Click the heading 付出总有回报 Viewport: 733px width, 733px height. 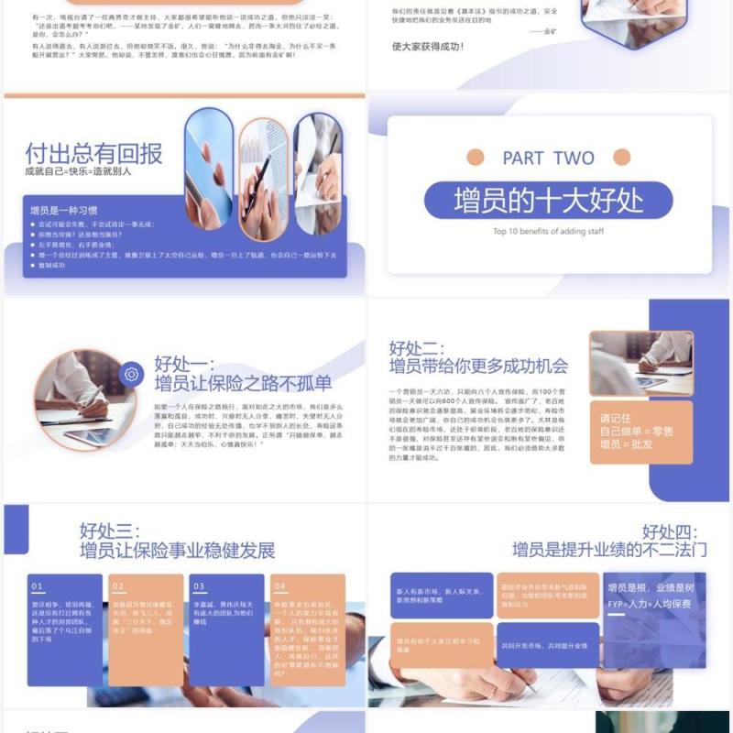(x=93, y=152)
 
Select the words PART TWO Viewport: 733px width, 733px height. (x=548, y=158)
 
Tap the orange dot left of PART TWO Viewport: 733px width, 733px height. (x=475, y=157)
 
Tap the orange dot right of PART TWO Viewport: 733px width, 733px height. (x=621, y=157)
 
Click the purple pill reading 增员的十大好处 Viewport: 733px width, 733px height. (x=548, y=200)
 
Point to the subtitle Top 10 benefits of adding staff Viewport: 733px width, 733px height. (x=548, y=232)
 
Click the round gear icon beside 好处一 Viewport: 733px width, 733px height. (x=131, y=374)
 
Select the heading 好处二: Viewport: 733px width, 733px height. (x=417, y=348)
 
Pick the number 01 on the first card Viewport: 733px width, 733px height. (x=38, y=586)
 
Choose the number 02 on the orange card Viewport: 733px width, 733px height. (x=117, y=586)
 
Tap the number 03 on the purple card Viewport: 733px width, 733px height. (x=198, y=586)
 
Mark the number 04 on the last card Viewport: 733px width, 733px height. (x=279, y=586)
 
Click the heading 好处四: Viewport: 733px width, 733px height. (x=670, y=531)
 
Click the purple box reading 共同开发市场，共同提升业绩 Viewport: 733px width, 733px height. (x=546, y=645)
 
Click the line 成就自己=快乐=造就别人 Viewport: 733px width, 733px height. (x=79, y=170)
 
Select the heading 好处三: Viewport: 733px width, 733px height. (x=108, y=531)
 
